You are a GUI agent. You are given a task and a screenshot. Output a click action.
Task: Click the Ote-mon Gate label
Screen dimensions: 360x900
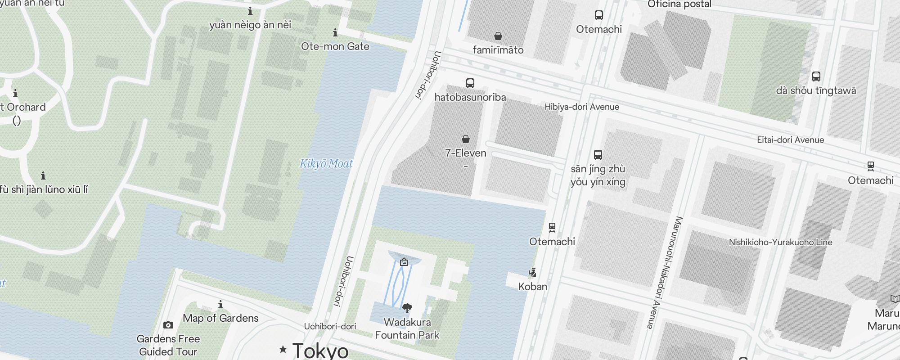(335, 46)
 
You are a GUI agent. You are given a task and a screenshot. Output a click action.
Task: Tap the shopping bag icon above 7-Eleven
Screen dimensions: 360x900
(466, 139)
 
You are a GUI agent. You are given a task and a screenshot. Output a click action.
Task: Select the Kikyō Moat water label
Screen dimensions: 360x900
(326, 164)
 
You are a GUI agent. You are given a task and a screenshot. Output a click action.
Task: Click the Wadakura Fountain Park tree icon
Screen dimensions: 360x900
(407, 308)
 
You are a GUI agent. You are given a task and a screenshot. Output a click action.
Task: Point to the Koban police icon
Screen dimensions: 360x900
(533, 273)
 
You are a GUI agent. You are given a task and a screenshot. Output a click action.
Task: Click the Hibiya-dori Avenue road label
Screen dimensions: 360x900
(581, 107)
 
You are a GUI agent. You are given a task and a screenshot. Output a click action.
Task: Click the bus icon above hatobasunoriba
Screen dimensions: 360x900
(470, 83)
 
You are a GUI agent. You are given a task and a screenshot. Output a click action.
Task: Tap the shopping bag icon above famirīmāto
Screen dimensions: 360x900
(498, 36)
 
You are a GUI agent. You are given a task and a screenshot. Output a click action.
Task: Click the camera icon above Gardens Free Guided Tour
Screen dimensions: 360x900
(168, 325)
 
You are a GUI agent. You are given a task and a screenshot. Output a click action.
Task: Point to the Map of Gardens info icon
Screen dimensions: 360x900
(220, 305)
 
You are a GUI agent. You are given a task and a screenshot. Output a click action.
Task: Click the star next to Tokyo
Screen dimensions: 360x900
(283, 349)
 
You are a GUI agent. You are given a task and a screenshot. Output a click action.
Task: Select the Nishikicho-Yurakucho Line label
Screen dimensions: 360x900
(780, 243)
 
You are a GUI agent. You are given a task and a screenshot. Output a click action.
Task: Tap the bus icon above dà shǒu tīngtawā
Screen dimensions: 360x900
(816, 76)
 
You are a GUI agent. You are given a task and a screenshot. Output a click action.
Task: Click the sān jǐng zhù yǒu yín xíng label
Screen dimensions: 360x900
(598, 175)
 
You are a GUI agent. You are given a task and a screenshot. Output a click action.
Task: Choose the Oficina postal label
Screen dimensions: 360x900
(679, 4)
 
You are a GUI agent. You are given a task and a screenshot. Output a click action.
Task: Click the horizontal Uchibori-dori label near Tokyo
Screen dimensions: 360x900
(330, 327)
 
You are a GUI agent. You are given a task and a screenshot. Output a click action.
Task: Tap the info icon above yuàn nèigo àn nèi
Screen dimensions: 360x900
(250, 11)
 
